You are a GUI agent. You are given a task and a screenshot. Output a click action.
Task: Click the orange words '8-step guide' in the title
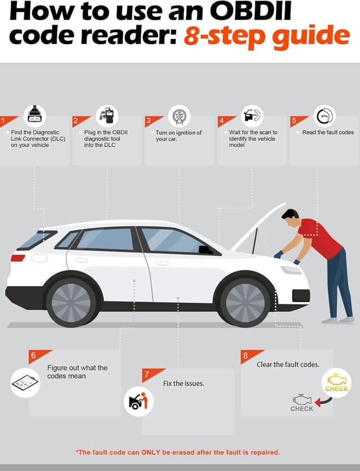click(x=267, y=36)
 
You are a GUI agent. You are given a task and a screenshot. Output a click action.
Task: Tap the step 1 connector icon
click(x=35, y=115)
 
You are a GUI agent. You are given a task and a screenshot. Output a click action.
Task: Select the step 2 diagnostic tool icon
click(x=107, y=115)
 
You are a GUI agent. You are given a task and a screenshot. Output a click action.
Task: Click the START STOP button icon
click(x=179, y=116)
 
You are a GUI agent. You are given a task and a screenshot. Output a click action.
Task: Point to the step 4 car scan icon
click(x=252, y=115)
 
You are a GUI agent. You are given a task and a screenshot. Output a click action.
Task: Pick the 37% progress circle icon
click(x=324, y=116)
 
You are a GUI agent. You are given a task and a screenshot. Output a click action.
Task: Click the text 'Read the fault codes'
click(x=328, y=133)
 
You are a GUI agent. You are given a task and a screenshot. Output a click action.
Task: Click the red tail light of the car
click(x=18, y=258)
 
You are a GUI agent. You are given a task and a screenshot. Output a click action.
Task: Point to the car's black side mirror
click(x=206, y=249)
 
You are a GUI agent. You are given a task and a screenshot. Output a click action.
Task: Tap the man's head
click(x=290, y=217)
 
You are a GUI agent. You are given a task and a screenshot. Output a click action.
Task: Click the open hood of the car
click(x=259, y=228)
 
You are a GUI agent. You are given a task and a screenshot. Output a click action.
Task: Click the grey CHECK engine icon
click(x=302, y=403)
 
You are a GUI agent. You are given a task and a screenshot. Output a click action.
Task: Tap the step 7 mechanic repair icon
click(x=138, y=402)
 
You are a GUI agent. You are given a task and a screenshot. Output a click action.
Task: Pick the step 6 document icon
click(x=25, y=383)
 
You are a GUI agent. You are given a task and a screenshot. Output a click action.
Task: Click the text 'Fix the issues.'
click(x=183, y=383)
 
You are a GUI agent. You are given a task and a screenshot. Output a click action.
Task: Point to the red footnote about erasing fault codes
click(x=178, y=452)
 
